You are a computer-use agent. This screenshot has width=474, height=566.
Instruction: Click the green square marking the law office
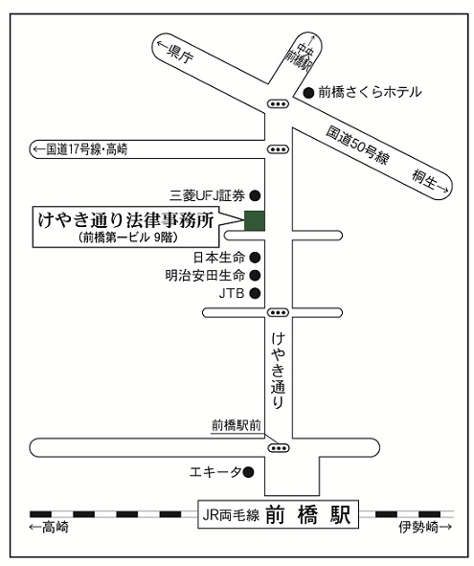tap(255, 220)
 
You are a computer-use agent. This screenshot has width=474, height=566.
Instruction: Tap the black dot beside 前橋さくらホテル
tap(308, 93)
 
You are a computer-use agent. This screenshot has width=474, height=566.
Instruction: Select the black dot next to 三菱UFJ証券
tap(256, 195)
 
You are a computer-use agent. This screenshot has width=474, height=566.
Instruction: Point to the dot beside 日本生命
tap(256, 258)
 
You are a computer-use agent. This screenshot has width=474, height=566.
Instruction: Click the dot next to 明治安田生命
tap(256, 276)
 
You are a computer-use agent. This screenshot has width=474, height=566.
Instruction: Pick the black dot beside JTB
tap(256, 293)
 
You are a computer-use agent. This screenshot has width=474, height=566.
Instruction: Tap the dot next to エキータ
tap(248, 472)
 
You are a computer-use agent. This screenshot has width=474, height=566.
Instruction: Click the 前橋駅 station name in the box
tap(308, 514)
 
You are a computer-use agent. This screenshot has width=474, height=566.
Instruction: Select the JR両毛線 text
tap(231, 515)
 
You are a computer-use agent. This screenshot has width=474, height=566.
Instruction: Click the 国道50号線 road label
tap(358, 145)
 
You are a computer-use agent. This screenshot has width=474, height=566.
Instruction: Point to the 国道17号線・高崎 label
tap(80, 149)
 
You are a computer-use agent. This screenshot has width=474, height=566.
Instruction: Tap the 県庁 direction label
tap(175, 52)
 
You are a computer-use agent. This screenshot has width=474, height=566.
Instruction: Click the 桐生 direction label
tap(431, 182)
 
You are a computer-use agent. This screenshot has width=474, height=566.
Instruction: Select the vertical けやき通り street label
tap(278, 371)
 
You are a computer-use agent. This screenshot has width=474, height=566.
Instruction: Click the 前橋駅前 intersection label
tap(237, 425)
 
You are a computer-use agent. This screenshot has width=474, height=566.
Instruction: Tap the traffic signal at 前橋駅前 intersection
tap(279, 448)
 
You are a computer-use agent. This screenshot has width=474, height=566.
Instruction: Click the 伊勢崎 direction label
tap(425, 527)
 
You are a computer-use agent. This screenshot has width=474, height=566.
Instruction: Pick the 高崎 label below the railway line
tap(49, 527)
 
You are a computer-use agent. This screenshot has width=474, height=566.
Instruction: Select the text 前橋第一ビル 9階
tap(128, 238)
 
